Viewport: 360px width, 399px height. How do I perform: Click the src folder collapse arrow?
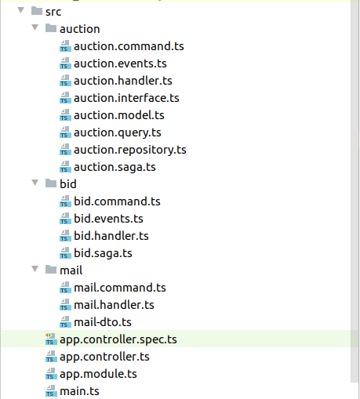tap(20, 10)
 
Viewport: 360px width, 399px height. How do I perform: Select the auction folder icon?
tap(51, 28)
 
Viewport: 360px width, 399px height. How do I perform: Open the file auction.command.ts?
tap(129, 46)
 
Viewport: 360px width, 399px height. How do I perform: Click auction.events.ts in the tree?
tap(120, 63)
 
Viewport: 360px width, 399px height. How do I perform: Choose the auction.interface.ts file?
tap(126, 98)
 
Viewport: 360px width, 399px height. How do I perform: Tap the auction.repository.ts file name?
tap(130, 150)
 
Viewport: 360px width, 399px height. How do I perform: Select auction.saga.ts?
tap(115, 167)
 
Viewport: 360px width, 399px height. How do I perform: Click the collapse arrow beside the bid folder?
tap(35, 183)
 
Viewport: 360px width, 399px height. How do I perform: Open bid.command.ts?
tap(117, 201)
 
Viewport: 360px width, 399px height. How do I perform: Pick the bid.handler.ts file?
tap(111, 236)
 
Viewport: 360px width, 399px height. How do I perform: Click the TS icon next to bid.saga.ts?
tap(65, 253)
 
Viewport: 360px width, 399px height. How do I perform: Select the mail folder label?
tap(71, 270)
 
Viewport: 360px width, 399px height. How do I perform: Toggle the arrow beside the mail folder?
tap(35, 269)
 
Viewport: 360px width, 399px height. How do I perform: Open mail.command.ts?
tap(120, 288)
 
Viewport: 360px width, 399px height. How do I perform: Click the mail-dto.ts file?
tap(103, 322)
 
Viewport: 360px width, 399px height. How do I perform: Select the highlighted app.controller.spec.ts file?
tap(118, 339)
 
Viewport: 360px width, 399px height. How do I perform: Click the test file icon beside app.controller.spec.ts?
tap(51, 339)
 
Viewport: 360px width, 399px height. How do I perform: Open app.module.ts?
tap(98, 374)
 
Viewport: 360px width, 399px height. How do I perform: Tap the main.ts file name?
tap(79, 391)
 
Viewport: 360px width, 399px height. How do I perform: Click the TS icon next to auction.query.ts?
tap(65, 132)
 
